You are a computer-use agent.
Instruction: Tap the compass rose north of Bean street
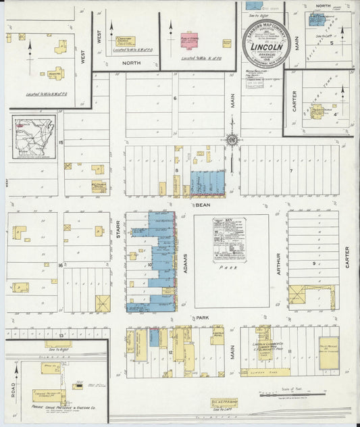231,140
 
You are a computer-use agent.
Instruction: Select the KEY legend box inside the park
228,239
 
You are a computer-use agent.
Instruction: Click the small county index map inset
32,138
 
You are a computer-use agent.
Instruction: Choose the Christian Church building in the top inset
126,41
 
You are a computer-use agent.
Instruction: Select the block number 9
313,263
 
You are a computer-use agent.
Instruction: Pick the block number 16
60,266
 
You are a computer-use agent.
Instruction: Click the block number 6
174,99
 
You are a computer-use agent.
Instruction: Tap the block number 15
61,143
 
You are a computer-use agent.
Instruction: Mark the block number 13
60,335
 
